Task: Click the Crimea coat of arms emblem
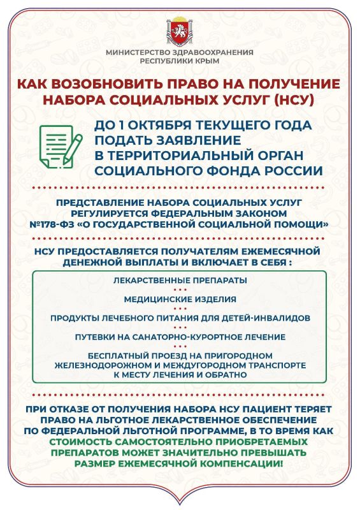(x=180, y=29)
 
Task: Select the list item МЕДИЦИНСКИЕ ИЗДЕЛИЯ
(x=180, y=298)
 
